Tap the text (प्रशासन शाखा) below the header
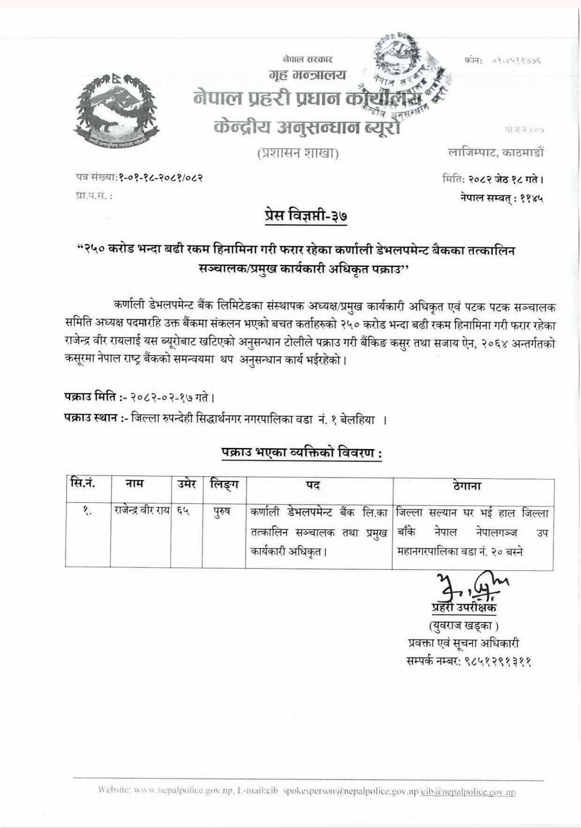coord(298,154)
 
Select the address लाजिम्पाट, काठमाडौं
coord(496,152)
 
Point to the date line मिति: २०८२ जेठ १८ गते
coord(493,179)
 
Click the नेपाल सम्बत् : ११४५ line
coord(502,198)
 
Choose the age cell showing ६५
coord(183,512)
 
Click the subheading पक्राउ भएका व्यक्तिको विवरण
coord(302,453)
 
